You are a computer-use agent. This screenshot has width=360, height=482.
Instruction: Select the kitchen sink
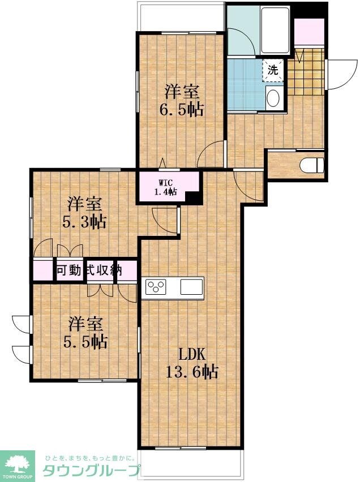tap(191, 286)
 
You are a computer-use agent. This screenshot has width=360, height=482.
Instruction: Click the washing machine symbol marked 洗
tap(273, 71)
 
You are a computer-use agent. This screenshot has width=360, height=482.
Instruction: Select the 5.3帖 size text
tap(86, 221)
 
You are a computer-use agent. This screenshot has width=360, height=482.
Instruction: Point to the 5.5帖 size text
tap(86, 342)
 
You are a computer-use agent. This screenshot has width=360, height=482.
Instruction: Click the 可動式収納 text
tap(88, 270)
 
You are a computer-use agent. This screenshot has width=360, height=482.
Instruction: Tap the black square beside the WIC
tap(194, 199)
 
